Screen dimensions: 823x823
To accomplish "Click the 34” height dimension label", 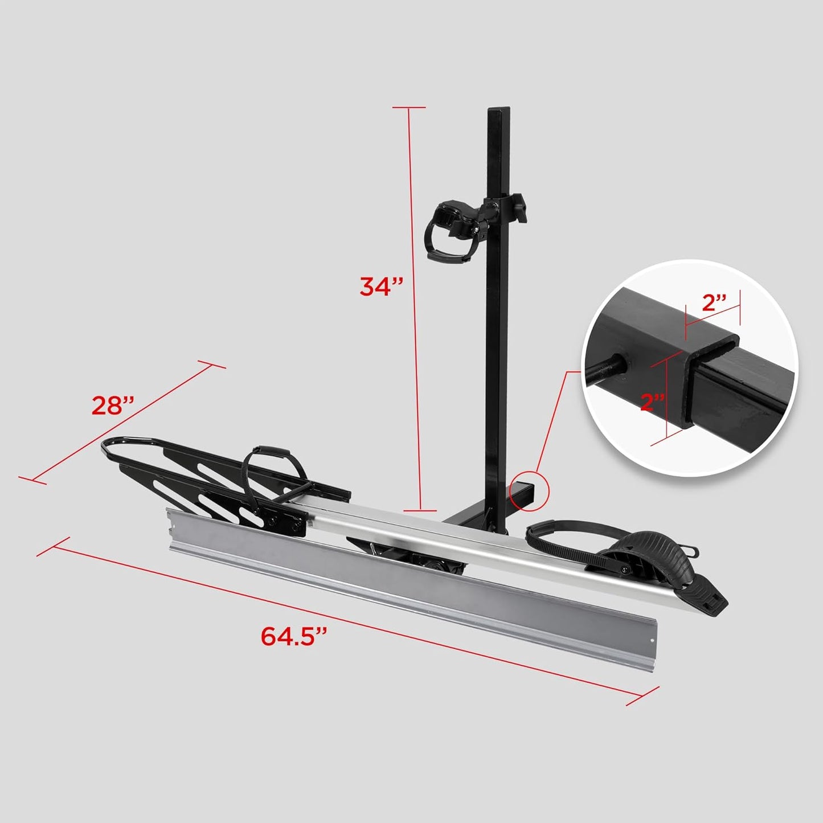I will (381, 286).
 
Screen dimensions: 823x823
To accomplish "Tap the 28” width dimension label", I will (113, 406).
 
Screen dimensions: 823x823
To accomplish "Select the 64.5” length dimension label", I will (296, 636).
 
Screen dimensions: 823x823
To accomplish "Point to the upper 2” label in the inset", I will (715, 302).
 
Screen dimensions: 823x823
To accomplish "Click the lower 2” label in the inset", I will (653, 402).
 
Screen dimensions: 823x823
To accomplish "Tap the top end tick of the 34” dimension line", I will (408, 107).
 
